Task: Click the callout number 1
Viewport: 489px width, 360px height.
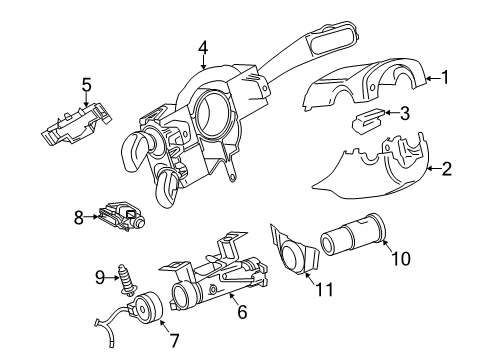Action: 445,78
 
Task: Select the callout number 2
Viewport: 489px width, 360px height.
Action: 447,168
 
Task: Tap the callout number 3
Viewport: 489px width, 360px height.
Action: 404,113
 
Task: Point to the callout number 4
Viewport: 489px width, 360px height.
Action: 203,48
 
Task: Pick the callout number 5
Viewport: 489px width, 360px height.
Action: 86,84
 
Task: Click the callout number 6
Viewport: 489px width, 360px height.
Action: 242,312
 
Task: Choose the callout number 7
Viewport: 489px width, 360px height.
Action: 174,340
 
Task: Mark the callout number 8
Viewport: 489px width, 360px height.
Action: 79,218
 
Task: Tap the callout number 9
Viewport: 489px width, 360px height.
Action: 100,277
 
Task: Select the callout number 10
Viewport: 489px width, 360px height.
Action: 400,258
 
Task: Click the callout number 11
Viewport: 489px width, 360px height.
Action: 324,289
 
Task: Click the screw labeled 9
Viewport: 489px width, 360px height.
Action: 127,280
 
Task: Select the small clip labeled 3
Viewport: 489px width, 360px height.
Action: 368,119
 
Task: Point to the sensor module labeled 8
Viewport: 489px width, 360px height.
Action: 122,215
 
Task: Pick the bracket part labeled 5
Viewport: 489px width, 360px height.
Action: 76,124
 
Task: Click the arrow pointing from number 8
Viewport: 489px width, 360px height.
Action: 91,217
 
